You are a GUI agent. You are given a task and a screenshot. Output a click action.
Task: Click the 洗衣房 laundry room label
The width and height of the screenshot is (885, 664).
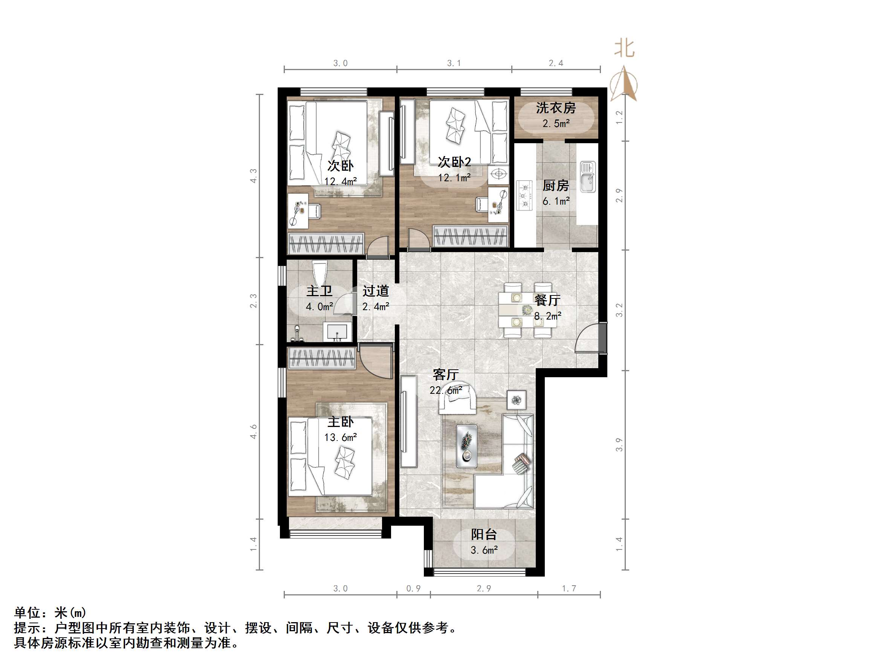556,108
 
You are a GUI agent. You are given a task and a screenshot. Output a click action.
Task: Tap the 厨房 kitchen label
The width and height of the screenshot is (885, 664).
556,186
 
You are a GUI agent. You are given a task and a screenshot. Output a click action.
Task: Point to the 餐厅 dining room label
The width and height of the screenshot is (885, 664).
547,300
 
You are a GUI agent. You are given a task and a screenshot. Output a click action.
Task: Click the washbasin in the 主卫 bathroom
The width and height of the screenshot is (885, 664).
337,332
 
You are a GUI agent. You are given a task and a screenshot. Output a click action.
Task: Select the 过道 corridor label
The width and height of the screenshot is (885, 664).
376,291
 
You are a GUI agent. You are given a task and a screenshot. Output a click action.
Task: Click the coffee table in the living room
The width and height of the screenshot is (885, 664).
466,446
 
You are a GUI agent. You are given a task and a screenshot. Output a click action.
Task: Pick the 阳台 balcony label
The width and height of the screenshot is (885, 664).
484,534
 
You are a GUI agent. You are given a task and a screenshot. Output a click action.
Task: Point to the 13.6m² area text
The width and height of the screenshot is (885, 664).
341,438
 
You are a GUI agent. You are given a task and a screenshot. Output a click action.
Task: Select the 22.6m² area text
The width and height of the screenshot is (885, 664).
446,390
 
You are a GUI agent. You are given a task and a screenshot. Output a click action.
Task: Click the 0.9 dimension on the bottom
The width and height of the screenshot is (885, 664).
414,588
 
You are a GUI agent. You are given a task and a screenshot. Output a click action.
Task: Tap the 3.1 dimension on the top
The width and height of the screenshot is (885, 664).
454,63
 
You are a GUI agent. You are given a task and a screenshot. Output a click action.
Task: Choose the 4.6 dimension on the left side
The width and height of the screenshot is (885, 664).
254,431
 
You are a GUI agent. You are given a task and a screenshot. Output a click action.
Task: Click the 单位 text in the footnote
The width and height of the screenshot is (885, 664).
27,613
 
